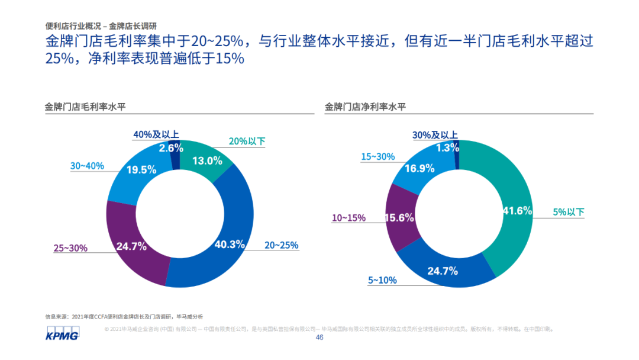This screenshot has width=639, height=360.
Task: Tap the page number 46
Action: (x=319, y=337)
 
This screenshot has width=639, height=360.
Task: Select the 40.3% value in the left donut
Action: (x=230, y=244)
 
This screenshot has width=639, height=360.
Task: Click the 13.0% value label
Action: (x=208, y=160)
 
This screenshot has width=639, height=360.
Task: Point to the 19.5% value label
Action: (x=141, y=170)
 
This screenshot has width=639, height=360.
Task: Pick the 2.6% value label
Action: (x=170, y=148)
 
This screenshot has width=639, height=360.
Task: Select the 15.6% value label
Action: (x=399, y=218)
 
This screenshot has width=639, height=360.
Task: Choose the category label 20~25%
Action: (x=281, y=245)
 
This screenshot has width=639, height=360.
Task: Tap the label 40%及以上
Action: (x=156, y=135)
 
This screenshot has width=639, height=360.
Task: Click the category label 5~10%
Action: (x=382, y=280)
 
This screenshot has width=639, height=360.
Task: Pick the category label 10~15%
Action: (x=348, y=218)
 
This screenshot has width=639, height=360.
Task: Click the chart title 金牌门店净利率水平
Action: (x=366, y=107)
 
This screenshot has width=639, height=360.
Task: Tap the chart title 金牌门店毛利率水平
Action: (x=86, y=107)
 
